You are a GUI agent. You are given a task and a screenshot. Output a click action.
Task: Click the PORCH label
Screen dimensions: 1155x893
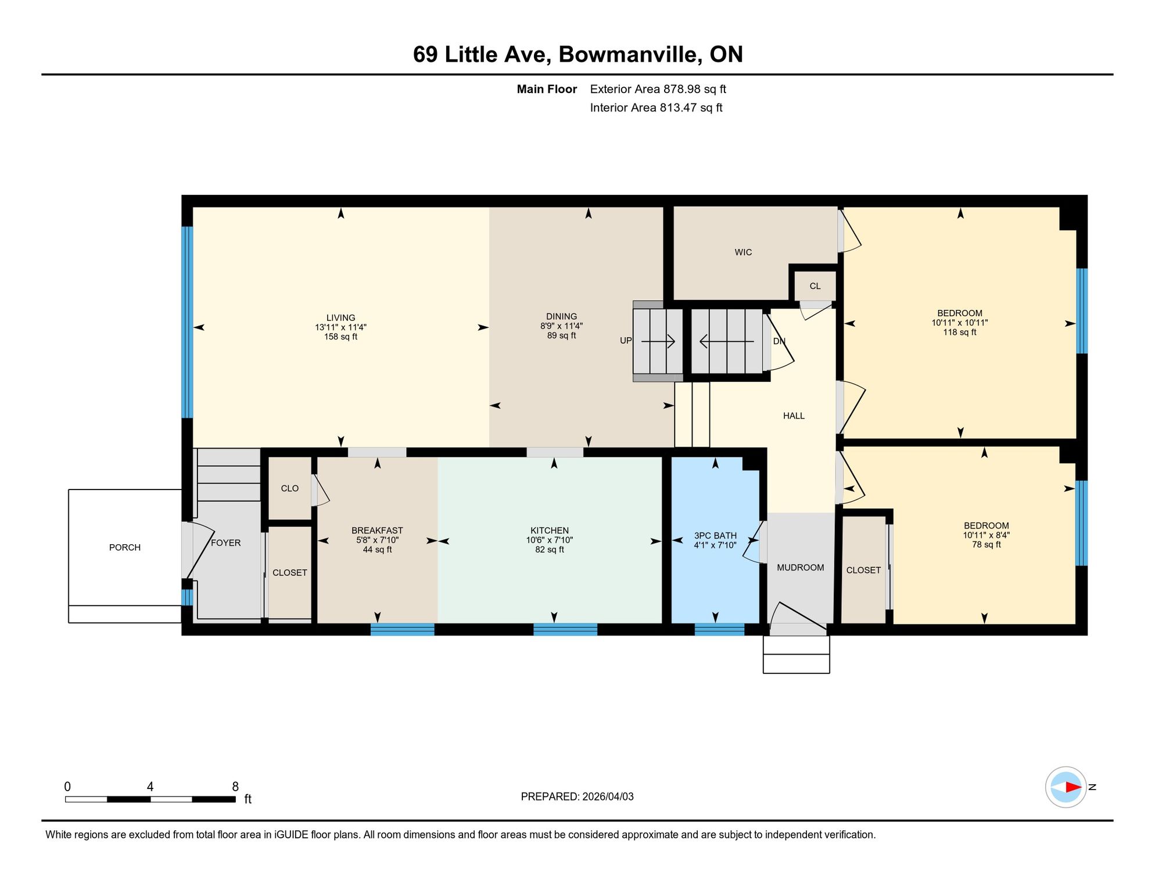click(x=125, y=548)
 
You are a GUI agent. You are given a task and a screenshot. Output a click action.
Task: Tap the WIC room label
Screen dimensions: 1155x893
click(x=743, y=252)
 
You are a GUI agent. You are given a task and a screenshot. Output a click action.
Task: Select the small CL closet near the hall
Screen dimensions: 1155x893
click(x=815, y=286)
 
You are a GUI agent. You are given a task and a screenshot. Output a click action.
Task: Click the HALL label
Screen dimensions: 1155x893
click(x=794, y=416)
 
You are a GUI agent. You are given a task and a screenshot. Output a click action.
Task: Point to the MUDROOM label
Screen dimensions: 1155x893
click(x=801, y=567)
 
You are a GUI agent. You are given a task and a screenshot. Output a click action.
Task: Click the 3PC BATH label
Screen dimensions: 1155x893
click(x=715, y=535)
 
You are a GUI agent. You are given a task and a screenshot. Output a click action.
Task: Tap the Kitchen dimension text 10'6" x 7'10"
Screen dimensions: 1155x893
click(x=550, y=540)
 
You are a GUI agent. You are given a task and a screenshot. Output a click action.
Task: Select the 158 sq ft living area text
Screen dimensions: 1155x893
click(x=341, y=337)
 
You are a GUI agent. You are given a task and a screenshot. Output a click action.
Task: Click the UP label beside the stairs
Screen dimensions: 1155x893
click(x=626, y=341)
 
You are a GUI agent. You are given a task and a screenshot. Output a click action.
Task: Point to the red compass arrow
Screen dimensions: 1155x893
click(x=1073, y=787)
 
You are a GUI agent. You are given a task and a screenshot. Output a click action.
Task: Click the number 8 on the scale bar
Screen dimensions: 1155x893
click(x=235, y=787)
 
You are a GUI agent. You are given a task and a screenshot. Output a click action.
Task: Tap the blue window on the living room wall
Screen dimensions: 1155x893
click(x=187, y=322)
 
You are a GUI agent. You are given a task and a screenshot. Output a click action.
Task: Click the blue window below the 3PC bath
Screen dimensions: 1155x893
click(x=719, y=629)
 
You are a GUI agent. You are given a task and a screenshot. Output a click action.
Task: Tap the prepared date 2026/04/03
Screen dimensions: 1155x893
click(x=608, y=796)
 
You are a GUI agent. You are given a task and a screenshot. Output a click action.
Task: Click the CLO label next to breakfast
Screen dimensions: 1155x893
click(x=290, y=488)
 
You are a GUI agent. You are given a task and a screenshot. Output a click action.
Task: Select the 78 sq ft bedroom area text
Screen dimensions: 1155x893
click(x=987, y=545)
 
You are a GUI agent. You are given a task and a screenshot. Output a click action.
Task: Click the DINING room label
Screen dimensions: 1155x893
click(x=562, y=317)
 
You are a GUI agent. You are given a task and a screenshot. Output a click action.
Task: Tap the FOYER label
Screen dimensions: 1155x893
click(x=225, y=543)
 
